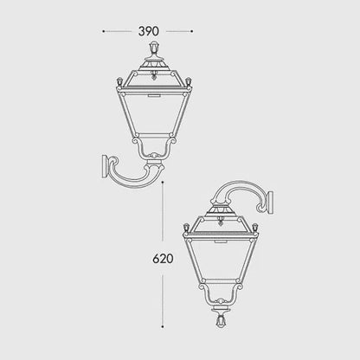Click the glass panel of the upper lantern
[x=153, y=108]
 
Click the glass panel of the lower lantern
[x=222, y=264]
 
